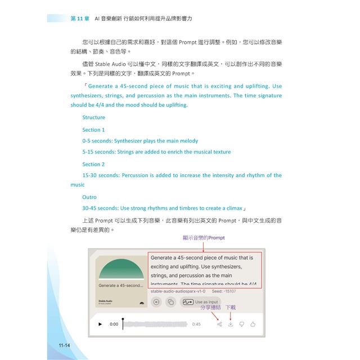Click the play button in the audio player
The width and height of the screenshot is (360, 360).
pyautogui.click(x=100, y=324)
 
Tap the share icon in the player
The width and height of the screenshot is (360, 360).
pyautogui.click(x=219, y=324)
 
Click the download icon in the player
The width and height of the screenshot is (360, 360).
pyautogui.click(x=231, y=324)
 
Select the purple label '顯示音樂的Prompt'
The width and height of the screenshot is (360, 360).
pyautogui.click(x=204, y=238)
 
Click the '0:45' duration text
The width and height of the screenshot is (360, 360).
pyautogui.click(x=196, y=324)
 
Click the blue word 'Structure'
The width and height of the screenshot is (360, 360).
pyautogui.click(x=93, y=118)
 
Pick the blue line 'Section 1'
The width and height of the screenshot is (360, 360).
pyautogui.click(x=93, y=129)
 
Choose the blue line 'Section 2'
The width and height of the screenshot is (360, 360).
pyautogui.click(x=93, y=164)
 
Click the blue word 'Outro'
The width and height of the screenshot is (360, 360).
pyautogui.click(x=89, y=197)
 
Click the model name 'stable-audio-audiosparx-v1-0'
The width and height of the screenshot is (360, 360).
pyautogui.click(x=178, y=291)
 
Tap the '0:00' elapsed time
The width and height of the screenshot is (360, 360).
pyautogui.click(x=114, y=324)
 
